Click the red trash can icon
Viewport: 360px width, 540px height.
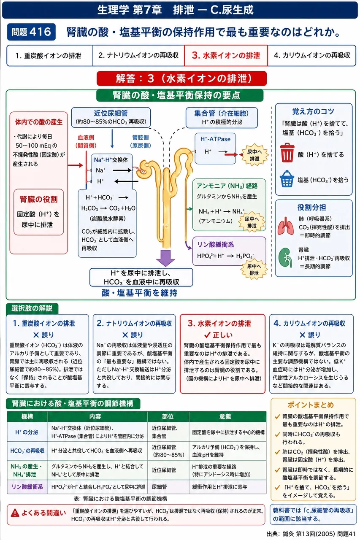287,152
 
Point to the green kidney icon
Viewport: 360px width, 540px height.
285,258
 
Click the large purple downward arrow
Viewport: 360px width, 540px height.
165,258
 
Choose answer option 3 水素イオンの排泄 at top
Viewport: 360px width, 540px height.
226,55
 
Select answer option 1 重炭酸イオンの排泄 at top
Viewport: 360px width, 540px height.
49,56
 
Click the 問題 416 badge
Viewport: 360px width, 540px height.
31,32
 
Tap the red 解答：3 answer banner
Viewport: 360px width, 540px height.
181,78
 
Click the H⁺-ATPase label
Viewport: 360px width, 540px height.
215,139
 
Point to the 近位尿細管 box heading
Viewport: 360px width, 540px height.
111,113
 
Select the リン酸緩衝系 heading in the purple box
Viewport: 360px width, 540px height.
215,244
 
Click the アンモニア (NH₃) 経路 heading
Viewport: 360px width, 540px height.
227,186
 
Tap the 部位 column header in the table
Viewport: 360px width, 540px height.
168,416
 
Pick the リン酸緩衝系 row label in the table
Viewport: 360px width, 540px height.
27,487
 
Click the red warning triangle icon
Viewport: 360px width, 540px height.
15,513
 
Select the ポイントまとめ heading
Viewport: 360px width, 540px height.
311,405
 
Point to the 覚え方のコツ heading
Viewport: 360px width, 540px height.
313,111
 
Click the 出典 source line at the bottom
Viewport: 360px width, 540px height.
311,534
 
